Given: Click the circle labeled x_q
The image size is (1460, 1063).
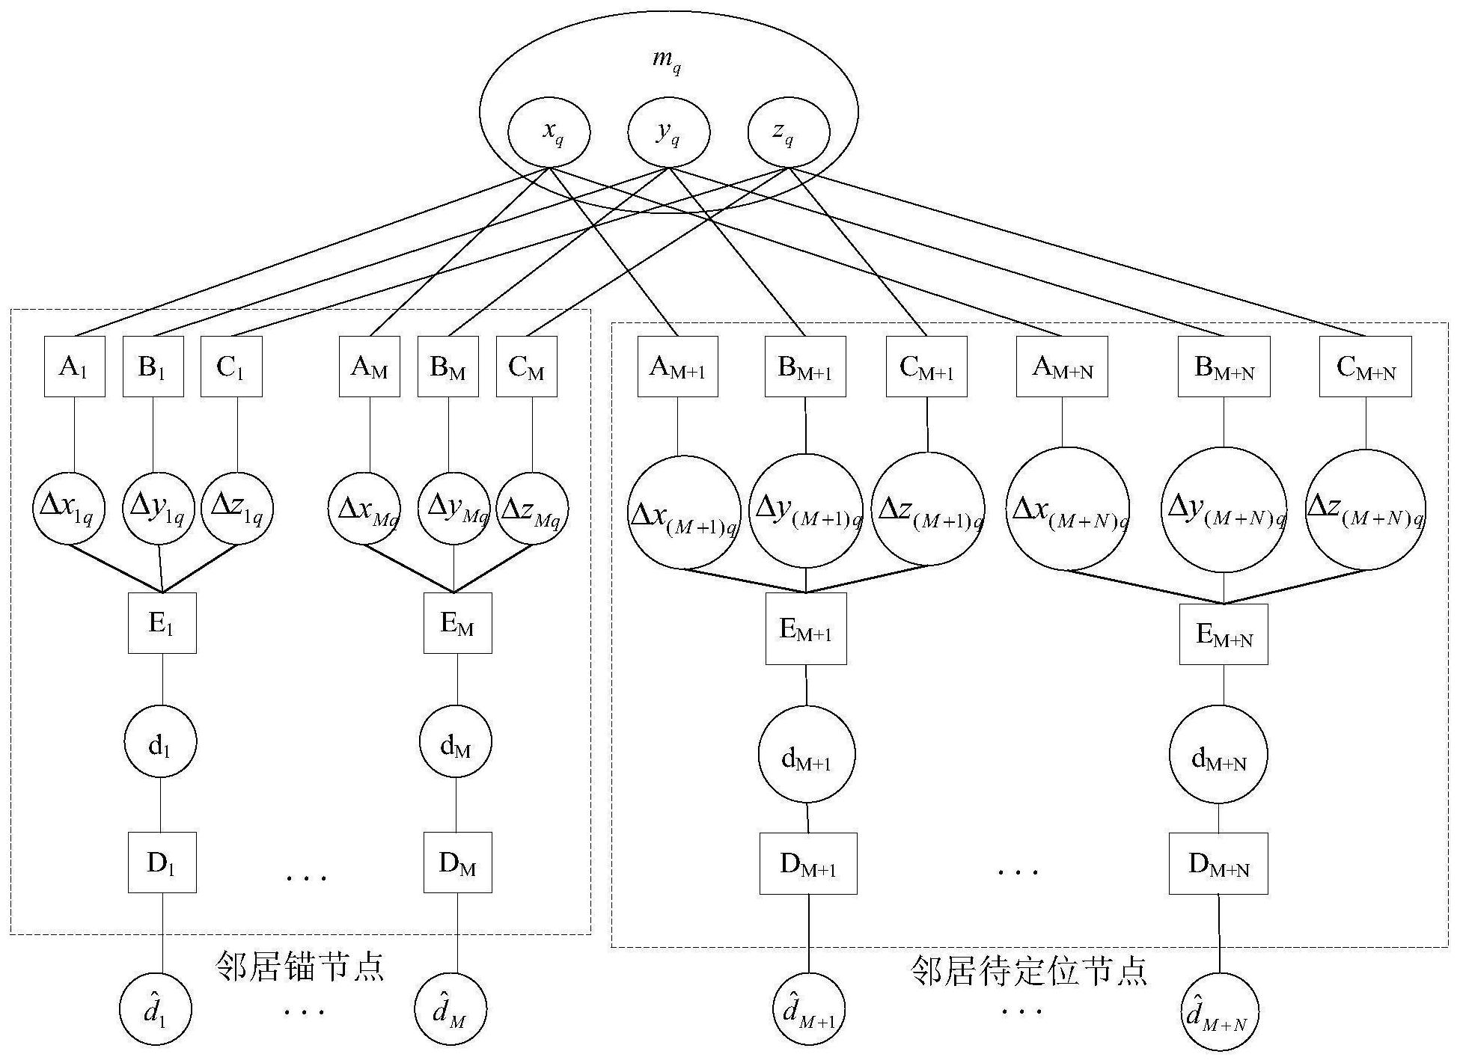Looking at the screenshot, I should pos(549,133).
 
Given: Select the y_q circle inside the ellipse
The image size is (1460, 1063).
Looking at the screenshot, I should pos(668,133).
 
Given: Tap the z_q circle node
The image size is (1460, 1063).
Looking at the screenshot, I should pos(789,133).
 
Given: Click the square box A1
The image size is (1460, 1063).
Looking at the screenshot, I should pos(74,367).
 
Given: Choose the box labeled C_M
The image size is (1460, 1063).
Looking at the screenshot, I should pos(527,367).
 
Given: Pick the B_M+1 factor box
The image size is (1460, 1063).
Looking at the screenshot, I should pos(805,367).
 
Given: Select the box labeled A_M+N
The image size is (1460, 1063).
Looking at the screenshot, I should pos(1062,367).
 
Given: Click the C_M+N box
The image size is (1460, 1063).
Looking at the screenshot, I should pos(1365,367).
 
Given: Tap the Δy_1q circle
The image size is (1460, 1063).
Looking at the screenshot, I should pos(158,509).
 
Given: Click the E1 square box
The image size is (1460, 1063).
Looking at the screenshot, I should pos(162,623).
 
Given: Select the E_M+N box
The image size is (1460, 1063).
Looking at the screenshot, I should pos(1224,634).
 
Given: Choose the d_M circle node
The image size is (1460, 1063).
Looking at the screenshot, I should pos(456,743).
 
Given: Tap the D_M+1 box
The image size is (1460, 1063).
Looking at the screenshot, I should pos(808,864).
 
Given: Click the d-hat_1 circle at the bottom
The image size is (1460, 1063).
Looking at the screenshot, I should pos(156,1010).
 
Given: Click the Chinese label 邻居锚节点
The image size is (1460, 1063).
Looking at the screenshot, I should pos(299,966).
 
